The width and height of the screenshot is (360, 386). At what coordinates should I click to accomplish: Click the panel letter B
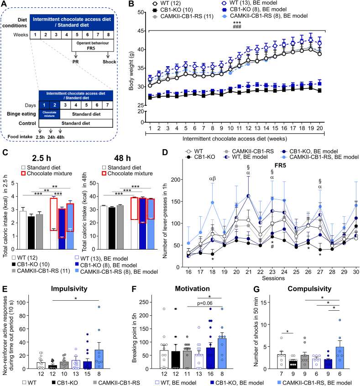click(131, 4)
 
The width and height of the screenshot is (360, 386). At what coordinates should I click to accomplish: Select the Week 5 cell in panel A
click(77, 35)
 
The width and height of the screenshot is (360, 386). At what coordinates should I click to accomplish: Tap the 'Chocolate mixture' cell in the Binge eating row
click(49, 114)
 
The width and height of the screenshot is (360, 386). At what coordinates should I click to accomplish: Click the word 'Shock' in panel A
click(110, 62)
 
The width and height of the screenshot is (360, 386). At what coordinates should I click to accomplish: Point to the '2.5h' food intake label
click(40, 137)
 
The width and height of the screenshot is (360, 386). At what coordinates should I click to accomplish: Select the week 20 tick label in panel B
click(319, 128)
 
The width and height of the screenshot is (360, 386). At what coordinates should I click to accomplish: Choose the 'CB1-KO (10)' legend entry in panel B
click(176, 10)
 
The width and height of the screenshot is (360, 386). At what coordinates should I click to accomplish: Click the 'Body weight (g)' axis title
click(131, 71)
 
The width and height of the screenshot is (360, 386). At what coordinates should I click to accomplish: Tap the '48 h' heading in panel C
click(122, 158)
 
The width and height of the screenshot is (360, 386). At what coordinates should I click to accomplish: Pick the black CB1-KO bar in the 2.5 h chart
click(31, 233)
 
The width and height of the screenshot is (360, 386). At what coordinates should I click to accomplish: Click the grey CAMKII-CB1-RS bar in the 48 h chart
click(120, 227)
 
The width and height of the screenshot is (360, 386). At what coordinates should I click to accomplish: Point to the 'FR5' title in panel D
click(280, 166)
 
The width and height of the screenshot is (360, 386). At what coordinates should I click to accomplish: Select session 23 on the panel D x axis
click(272, 272)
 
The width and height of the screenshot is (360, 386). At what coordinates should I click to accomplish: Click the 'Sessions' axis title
click(273, 278)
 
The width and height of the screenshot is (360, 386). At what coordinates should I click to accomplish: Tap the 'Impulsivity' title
click(69, 288)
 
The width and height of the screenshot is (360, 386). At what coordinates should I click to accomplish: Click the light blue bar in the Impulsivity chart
click(99, 359)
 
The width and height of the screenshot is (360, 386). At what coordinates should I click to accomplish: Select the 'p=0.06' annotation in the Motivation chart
click(205, 303)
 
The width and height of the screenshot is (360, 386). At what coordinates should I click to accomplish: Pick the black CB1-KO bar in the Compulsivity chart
click(293, 364)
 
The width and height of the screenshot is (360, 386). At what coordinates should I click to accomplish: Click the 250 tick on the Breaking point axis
click(144, 302)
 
